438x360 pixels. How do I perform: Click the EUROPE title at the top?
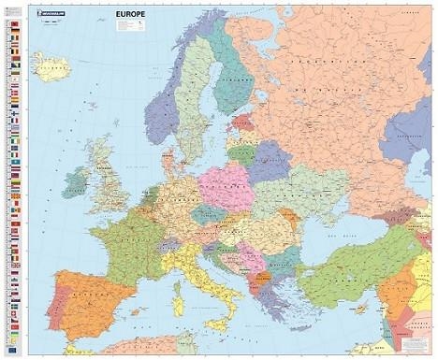tap(129, 13)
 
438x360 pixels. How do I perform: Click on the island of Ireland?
tap(76, 180)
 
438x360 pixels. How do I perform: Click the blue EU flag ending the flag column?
tap(16, 347)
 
